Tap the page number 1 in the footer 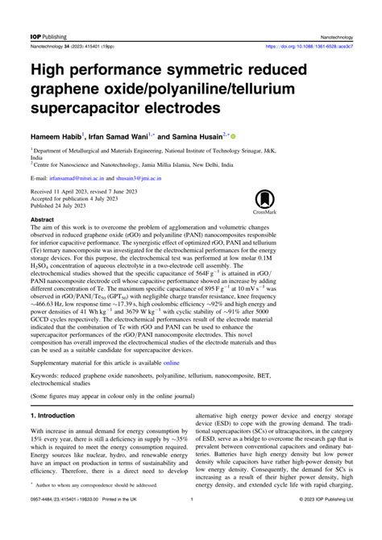(x=191, y=522)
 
